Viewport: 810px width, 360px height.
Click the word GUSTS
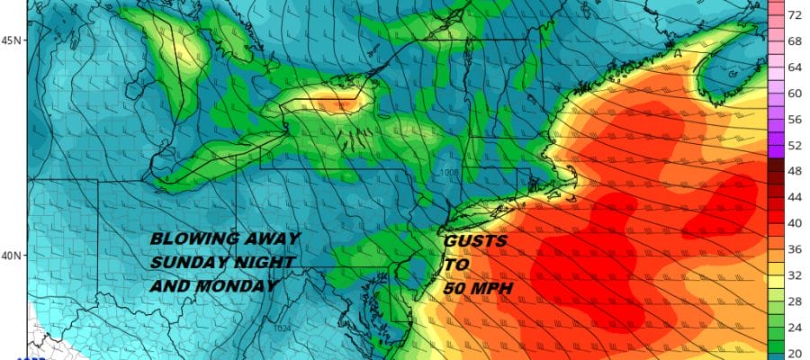pyautogui.click(x=475, y=241)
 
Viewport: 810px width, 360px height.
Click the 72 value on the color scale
pyautogui.click(x=796, y=16)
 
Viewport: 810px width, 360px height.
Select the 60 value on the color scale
pyautogui.click(x=796, y=93)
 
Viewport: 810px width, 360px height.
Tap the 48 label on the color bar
pyautogui.click(x=796, y=170)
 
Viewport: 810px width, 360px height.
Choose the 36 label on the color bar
pyautogui.click(x=796, y=248)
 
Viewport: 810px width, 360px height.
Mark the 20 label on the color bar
pyautogui.click(x=796, y=352)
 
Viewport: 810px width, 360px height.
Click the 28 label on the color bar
pyautogui.click(x=796, y=301)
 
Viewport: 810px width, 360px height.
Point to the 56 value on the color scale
pyautogui.click(x=796, y=119)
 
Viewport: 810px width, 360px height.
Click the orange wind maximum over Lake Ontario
pyautogui.click(x=337, y=104)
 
